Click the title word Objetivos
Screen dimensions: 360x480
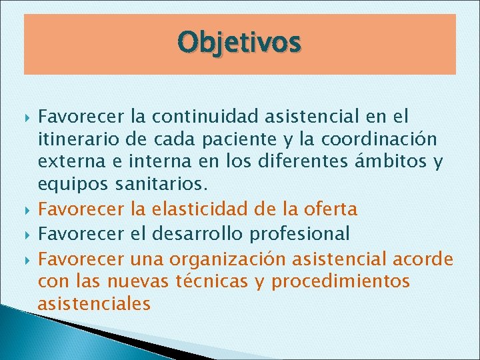click(239, 43)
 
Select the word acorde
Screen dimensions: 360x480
click(426, 258)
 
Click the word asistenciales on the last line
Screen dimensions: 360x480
click(94, 305)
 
